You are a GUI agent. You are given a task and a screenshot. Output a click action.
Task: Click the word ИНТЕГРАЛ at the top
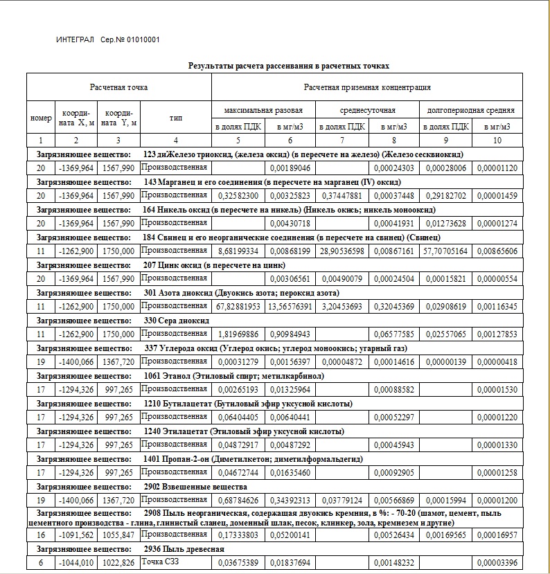pyautogui.click(x=75, y=39)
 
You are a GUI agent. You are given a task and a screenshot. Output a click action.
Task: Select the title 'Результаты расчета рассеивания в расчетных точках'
pyautogui.click(x=289, y=66)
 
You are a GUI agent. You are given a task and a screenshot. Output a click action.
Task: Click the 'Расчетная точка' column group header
pyautogui.click(x=118, y=87)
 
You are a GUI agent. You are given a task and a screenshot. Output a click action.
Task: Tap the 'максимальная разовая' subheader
pyautogui.click(x=263, y=110)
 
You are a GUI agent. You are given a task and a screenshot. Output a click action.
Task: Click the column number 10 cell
pyautogui.click(x=497, y=141)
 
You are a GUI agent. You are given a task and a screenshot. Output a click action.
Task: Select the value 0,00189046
pyautogui.click(x=290, y=168)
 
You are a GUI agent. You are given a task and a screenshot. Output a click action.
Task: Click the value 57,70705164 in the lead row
pyautogui.click(x=445, y=251)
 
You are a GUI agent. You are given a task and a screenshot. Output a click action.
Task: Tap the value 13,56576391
pyautogui.click(x=290, y=306)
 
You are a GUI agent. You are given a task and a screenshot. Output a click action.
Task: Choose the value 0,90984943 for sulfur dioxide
pyautogui.click(x=290, y=334)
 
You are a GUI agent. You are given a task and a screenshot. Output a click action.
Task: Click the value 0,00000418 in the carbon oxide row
pyautogui.click(x=497, y=361)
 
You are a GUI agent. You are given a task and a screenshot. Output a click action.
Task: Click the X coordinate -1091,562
pyautogui.click(x=76, y=535)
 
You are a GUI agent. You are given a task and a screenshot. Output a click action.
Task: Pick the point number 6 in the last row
pyautogui.click(x=41, y=563)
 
